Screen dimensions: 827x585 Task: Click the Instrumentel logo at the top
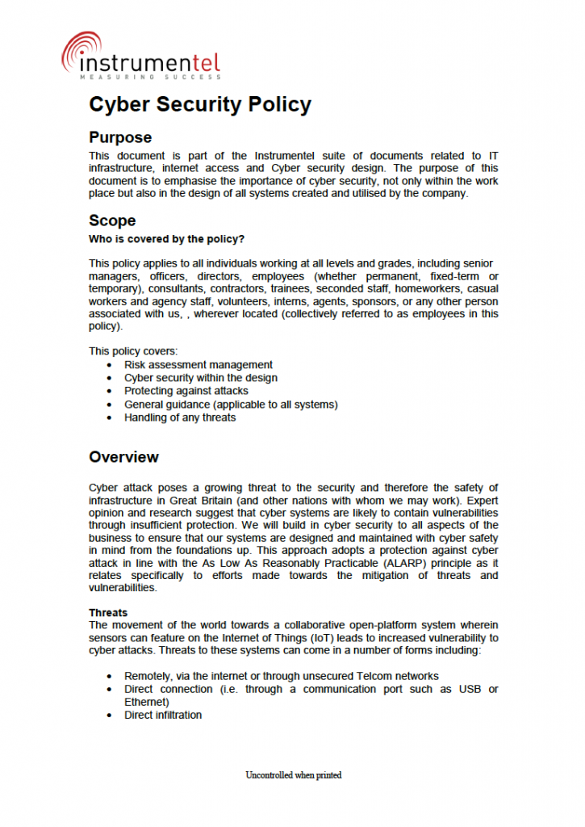[x=140, y=56]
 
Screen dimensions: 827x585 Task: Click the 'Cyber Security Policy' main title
[x=199, y=105]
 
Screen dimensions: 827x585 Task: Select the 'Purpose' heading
[x=120, y=138]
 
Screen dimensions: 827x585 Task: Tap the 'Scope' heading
[x=112, y=220]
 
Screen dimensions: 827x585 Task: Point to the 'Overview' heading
[x=123, y=457]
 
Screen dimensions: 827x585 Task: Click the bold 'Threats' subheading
[x=108, y=612]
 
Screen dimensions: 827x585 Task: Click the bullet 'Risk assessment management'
[x=198, y=365]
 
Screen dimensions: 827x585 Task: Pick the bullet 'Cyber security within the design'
[x=200, y=378]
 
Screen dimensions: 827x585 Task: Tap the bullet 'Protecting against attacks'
[x=186, y=391]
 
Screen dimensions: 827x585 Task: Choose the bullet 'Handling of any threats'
[x=179, y=418]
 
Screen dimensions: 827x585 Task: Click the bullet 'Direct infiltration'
[x=162, y=715]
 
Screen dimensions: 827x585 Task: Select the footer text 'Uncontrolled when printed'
[x=293, y=775]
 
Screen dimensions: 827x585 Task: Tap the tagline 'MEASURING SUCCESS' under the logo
[x=149, y=77]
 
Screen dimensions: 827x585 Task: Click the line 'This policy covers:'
[x=133, y=351]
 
